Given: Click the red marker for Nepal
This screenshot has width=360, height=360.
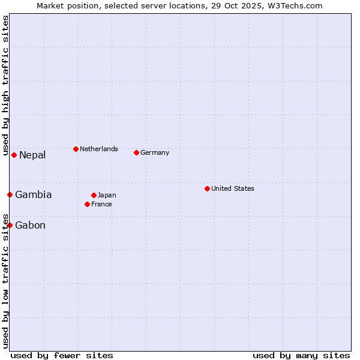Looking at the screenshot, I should click(14, 155).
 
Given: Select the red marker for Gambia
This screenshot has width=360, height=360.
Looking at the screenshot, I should click(10, 194).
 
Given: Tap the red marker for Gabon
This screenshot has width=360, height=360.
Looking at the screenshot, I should click(10, 225).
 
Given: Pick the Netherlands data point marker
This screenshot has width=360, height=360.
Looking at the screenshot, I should click(76, 149).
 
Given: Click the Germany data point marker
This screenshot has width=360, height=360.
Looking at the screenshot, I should click(136, 152).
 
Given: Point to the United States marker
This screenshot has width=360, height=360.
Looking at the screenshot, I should click(207, 188).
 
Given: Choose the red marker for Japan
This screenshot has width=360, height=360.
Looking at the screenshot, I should click(94, 195).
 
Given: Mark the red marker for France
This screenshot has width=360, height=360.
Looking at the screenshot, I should click(87, 204).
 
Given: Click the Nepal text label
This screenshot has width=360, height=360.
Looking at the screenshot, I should click(32, 155).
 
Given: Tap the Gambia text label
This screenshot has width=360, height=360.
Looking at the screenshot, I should click(34, 194).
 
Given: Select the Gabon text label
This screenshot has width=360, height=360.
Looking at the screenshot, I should click(30, 225).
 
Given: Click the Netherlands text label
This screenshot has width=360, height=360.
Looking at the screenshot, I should click(99, 149).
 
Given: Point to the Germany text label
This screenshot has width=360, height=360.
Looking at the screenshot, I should click(155, 152).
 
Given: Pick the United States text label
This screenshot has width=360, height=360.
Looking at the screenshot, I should click(233, 188).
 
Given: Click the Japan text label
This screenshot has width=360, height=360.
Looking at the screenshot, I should click(107, 195).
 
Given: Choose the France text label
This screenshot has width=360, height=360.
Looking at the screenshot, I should click(101, 204).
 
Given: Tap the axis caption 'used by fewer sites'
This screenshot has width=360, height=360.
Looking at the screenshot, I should click(62, 355).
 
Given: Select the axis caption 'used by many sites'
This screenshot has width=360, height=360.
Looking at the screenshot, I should click(301, 355).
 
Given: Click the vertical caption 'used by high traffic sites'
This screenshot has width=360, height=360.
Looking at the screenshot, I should click(5, 86).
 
